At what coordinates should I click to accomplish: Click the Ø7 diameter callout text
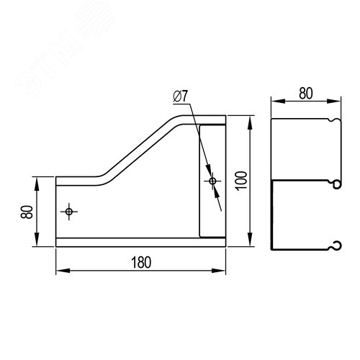181,96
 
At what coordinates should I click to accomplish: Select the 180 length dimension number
141,263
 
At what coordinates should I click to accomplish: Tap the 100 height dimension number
241,181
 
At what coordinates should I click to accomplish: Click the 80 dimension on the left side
27,212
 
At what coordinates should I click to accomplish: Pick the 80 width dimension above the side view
306,94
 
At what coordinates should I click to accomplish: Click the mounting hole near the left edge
69,212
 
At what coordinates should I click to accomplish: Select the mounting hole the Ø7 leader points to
212,181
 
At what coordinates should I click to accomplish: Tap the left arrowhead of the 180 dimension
63,271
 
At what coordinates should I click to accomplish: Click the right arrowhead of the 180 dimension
219,271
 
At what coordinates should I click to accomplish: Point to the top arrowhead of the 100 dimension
250,122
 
